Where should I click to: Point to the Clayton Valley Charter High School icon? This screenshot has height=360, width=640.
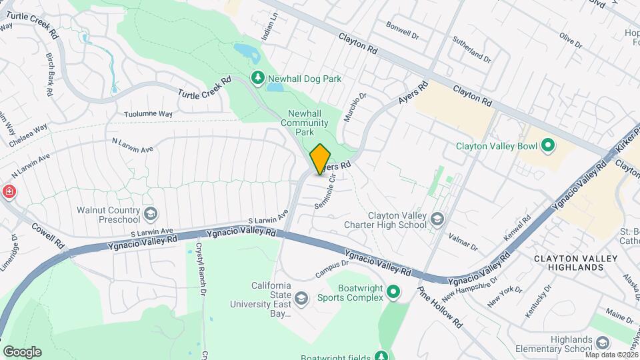[437, 219]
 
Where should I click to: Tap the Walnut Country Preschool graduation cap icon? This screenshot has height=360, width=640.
[151, 215]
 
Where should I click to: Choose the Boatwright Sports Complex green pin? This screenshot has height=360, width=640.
[393, 291]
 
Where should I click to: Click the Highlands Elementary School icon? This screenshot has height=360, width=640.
[603, 343]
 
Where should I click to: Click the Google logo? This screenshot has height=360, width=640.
[21, 351]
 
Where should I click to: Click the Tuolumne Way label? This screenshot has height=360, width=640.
[149, 114]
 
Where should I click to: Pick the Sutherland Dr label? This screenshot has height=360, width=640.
[473, 50]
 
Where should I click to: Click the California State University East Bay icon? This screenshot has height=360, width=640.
[301, 298]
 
